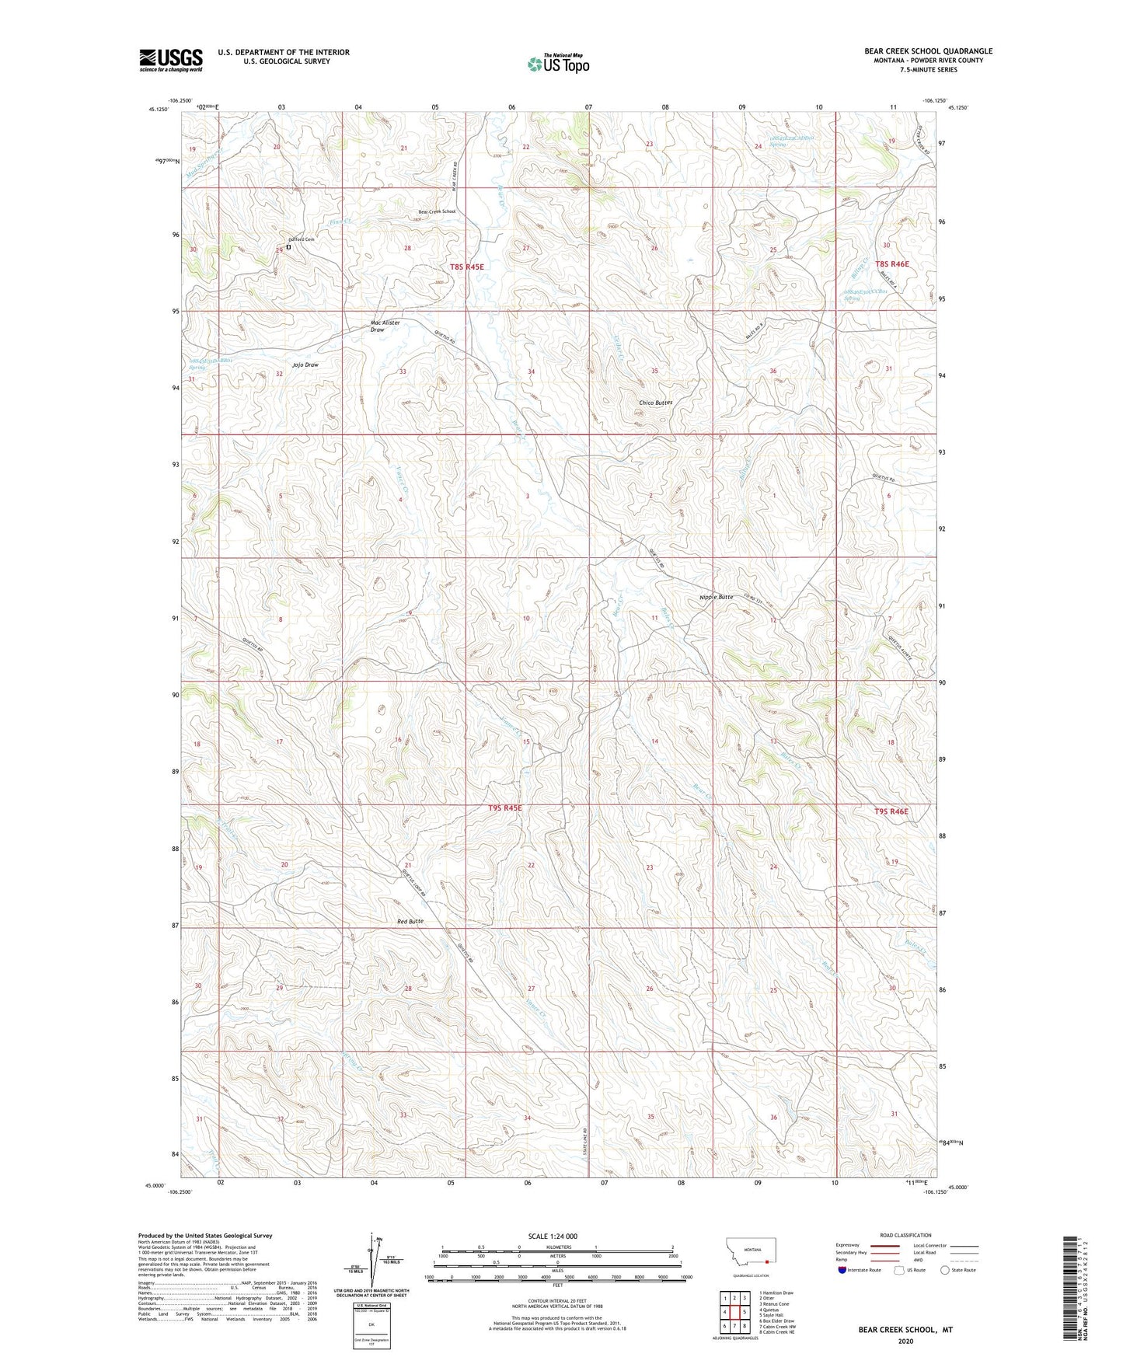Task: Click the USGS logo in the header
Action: point(171,60)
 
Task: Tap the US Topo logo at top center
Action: point(558,64)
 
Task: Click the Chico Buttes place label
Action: point(655,403)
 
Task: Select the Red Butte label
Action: point(410,921)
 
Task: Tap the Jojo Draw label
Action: point(305,365)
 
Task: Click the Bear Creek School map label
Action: point(437,211)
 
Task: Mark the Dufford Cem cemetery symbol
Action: point(288,247)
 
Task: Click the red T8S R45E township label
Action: point(466,267)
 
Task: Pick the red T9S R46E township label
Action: point(891,811)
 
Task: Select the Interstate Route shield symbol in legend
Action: point(843,1270)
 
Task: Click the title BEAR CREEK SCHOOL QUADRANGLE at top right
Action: point(928,51)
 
